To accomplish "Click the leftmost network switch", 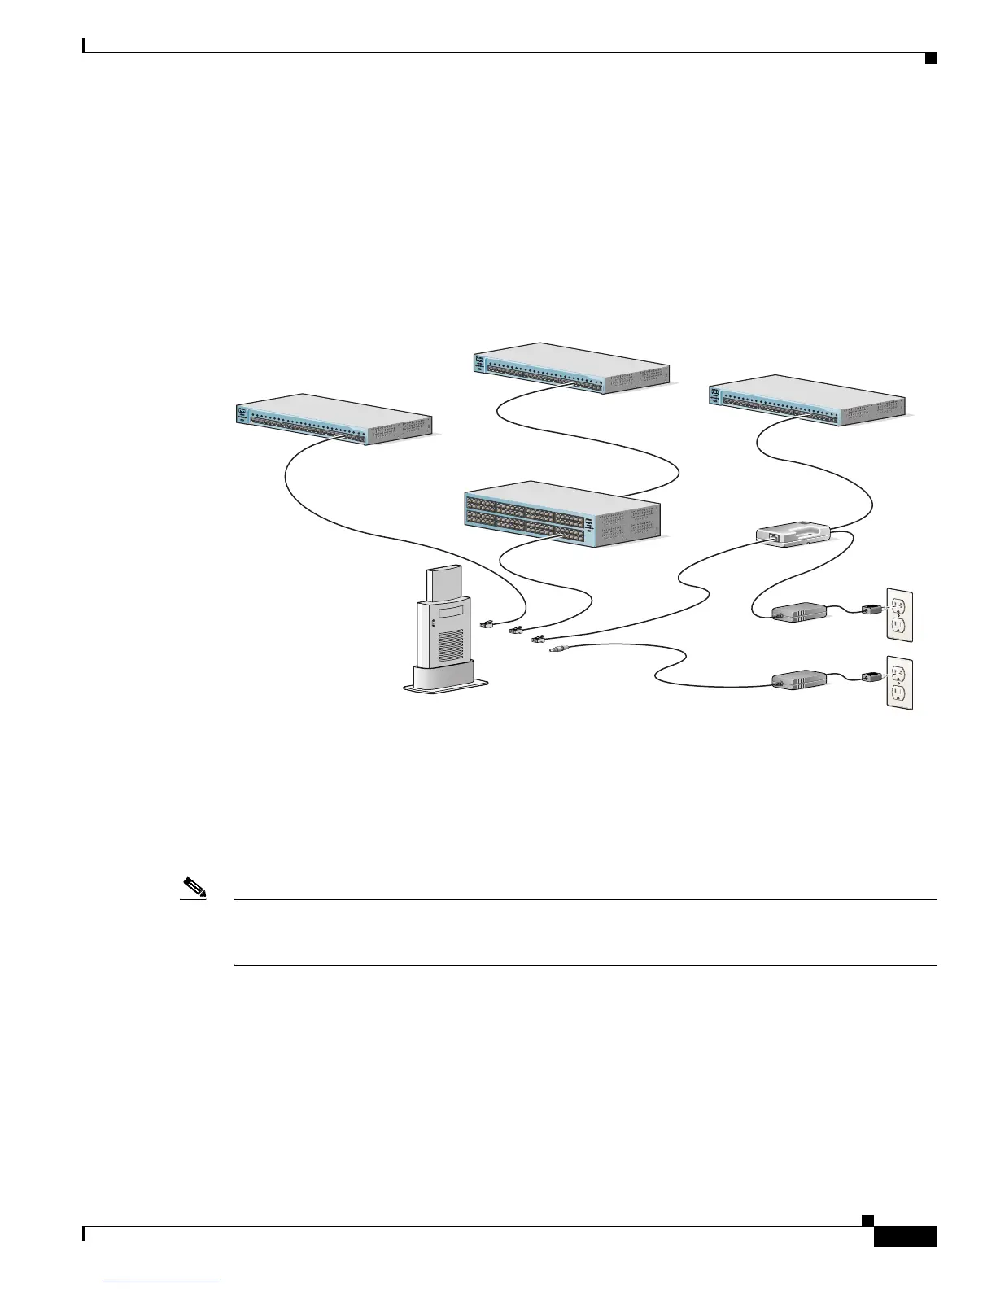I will coord(334,420).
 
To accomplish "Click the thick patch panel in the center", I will coord(561,513).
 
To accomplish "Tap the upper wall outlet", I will coord(900,615).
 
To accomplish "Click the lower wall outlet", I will coord(900,683).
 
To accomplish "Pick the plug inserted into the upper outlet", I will coord(873,608).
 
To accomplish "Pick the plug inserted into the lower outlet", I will coord(873,675).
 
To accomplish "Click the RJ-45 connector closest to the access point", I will coord(486,624).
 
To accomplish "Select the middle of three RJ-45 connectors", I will coord(514,631).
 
